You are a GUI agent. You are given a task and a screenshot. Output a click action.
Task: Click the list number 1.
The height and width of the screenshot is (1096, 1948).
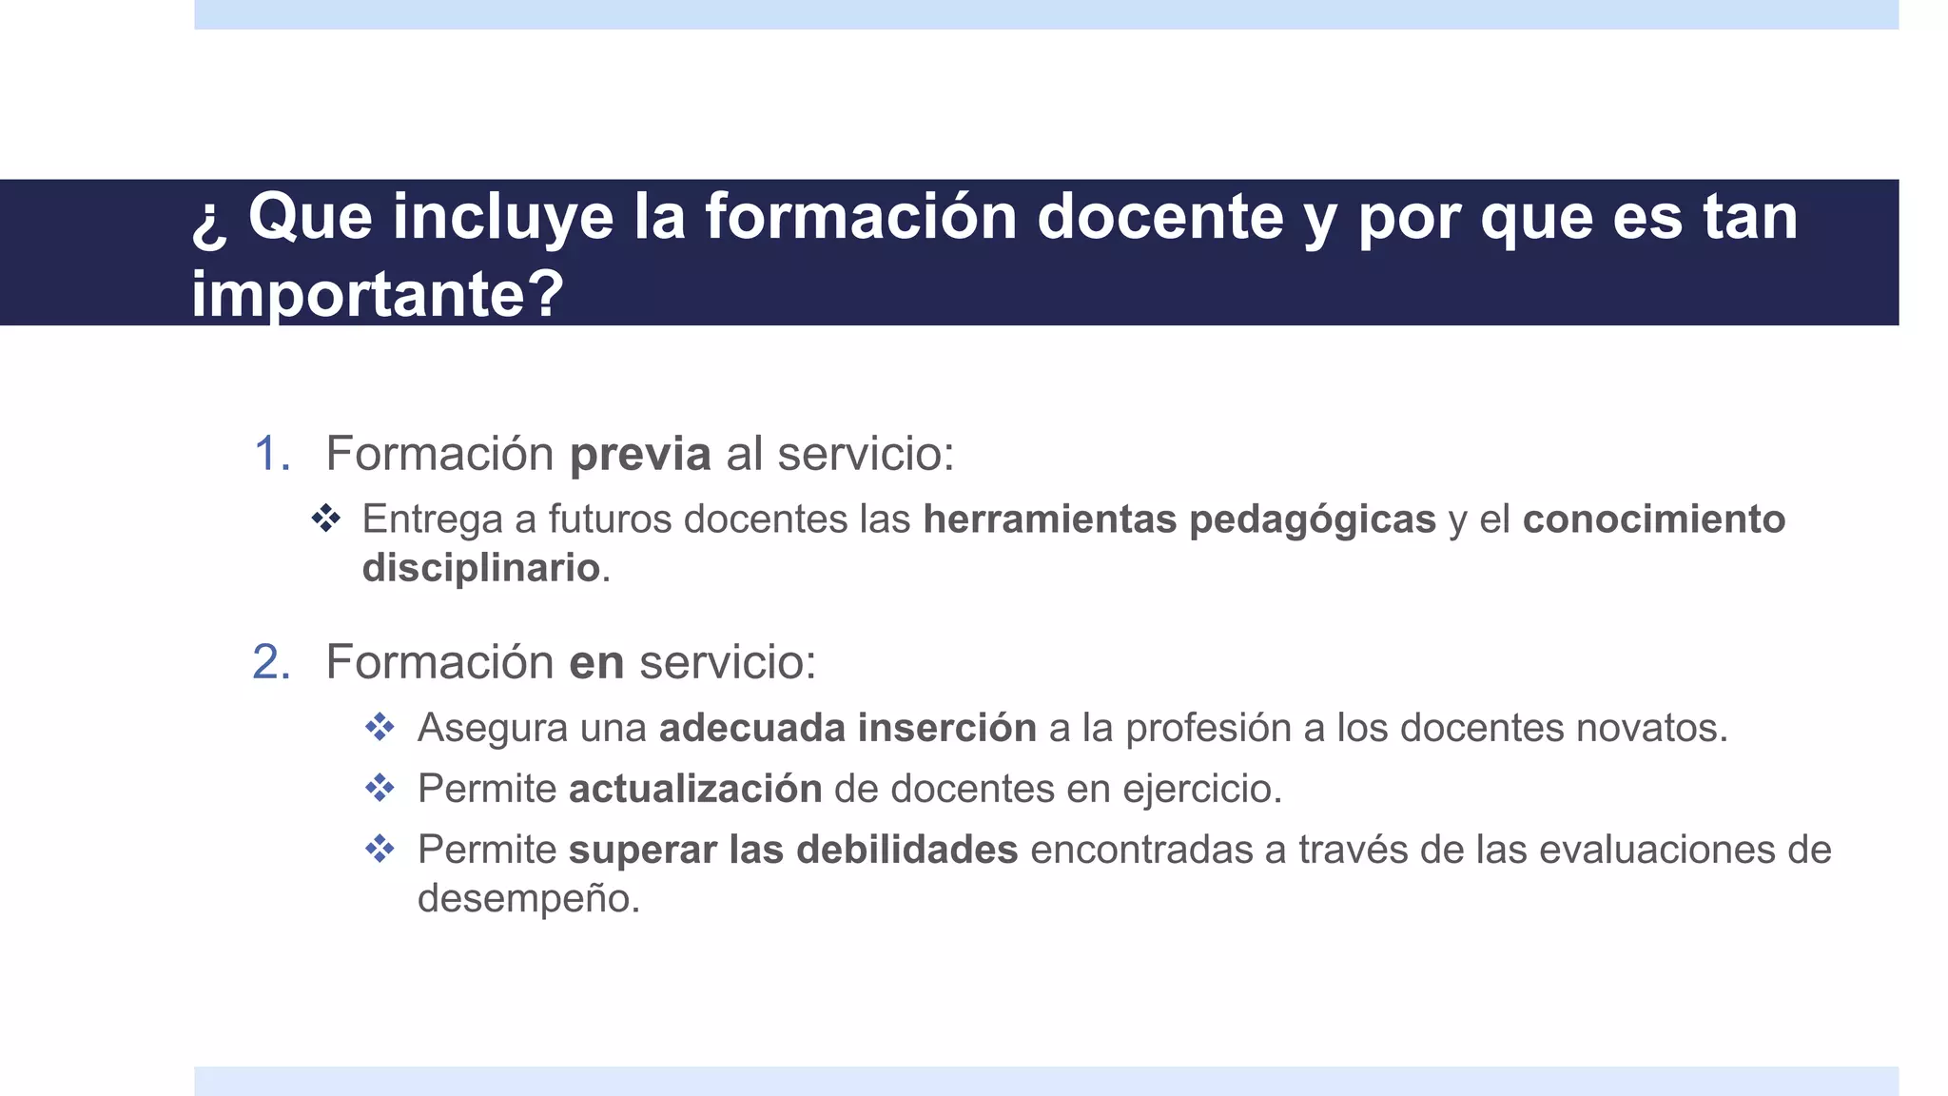(x=271, y=453)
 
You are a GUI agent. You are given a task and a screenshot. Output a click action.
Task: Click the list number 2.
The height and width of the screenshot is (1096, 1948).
(x=271, y=662)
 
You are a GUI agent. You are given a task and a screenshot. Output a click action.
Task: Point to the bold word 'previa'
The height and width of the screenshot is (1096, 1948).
(x=640, y=453)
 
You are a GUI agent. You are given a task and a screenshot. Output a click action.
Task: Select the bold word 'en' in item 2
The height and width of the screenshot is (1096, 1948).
(x=596, y=662)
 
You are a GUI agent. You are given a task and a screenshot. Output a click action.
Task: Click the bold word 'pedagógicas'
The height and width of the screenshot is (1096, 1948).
(x=1313, y=520)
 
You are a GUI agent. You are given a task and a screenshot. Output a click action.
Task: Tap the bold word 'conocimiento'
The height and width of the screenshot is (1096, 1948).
(x=1654, y=519)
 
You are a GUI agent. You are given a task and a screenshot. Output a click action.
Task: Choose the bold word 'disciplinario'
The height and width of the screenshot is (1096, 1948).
(x=481, y=568)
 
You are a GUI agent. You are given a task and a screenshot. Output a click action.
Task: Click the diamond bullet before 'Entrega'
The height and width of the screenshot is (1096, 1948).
(x=326, y=519)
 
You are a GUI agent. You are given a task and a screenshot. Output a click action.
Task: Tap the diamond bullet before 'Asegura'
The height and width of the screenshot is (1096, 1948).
(x=380, y=728)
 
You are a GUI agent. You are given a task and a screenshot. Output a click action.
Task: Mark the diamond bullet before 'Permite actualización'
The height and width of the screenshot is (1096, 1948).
(x=380, y=789)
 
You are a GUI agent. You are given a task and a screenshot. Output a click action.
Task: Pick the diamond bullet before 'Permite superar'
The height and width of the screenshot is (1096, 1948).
(x=380, y=850)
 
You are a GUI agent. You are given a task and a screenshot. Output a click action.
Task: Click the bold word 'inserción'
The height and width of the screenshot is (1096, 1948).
(x=947, y=728)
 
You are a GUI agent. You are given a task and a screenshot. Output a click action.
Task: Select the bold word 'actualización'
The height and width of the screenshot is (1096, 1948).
(x=695, y=789)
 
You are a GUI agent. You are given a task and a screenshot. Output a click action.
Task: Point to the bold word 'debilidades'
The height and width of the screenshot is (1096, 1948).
(x=907, y=850)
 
